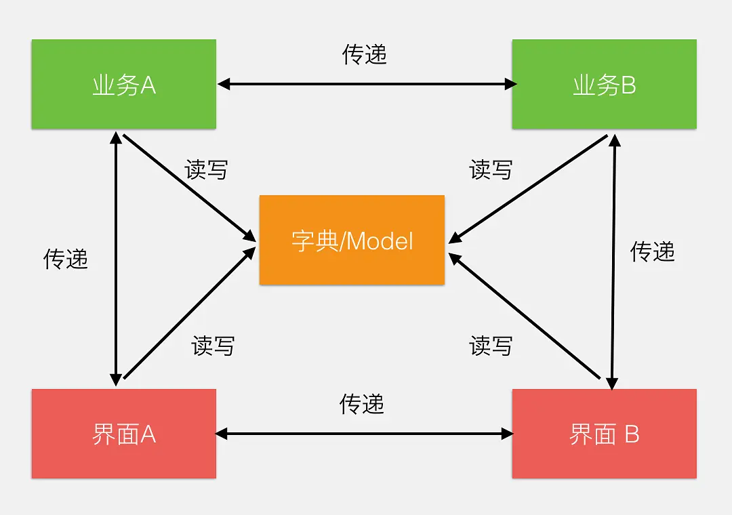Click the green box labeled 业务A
(x=123, y=84)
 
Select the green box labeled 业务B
(x=604, y=84)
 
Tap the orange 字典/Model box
(x=352, y=240)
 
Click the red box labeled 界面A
(x=123, y=434)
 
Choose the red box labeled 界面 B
(x=604, y=434)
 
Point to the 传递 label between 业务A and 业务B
(x=365, y=54)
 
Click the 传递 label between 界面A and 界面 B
(x=362, y=405)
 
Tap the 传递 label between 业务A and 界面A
(x=66, y=258)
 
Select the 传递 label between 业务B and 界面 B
(x=653, y=251)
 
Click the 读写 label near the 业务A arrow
(x=206, y=169)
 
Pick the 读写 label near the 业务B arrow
(x=491, y=169)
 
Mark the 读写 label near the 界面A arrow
(x=213, y=346)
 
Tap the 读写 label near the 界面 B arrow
(x=491, y=346)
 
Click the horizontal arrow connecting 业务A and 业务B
(x=366, y=84)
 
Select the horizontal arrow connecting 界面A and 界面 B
(x=364, y=434)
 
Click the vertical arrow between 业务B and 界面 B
(x=613, y=262)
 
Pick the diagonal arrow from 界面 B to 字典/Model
(x=525, y=316)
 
